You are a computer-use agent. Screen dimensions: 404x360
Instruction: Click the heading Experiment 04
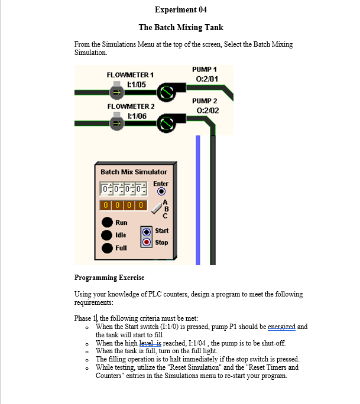click(x=180, y=10)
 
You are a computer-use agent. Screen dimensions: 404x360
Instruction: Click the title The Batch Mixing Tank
click(x=180, y=27)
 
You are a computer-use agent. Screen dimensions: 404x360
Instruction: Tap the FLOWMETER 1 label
click(x=130, y=75)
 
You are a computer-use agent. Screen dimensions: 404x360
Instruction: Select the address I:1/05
click(x=132, y=84)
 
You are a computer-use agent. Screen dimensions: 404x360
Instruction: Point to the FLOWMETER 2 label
click(x=131, y=106)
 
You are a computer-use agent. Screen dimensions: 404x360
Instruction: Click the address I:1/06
click(x=132, y=116)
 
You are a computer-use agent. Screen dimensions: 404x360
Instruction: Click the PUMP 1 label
click(x=205, y=70)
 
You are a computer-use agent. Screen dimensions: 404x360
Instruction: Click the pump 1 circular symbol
click(x=166, y=92)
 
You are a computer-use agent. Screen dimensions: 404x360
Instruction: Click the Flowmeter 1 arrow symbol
click(x=117, y=92)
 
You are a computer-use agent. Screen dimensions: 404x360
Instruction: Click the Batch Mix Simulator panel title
click(x=134, y=172)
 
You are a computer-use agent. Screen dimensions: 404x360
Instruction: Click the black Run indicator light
click(x=107, y=223)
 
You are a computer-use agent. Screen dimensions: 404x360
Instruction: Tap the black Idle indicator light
click(x=107, y=235)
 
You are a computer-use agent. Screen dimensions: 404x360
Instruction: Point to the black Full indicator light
click(x=107, y=248)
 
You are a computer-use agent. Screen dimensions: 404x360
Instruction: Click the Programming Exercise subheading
click(x=109, y=278)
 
